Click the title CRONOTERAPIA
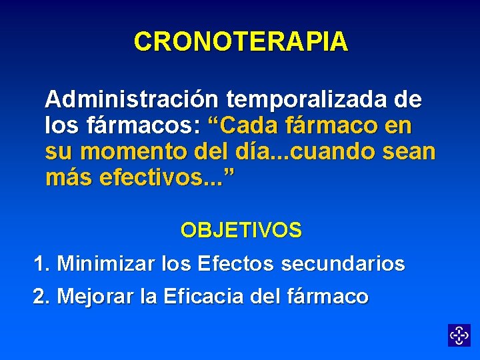[x=241, y=42]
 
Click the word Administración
[x=131, y=100]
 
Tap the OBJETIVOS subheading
[x=241, y=231]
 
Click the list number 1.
[x=41, y=264]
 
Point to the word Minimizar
[x=107, y=264]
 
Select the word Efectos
[x=236, y=264]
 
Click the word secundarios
[x=343, y=264]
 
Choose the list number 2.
[x=41, y=296]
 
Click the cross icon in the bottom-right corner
[x=459, y=335]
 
